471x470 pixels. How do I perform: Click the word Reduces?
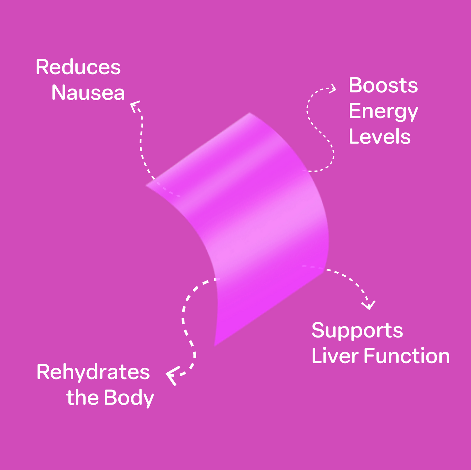coord(78,67)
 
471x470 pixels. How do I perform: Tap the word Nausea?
coord(88,93)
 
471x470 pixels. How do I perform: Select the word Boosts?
coord(383,86)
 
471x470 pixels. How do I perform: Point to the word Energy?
coord(383,112)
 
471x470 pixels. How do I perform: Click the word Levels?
coord(380,137)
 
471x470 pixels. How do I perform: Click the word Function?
coord(407,356)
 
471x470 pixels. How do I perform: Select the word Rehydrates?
coord(93,372)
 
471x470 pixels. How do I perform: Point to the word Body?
coord(129,398)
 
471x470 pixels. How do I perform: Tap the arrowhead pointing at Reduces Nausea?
coord(134,105)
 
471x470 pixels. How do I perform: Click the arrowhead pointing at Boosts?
coord(333,88)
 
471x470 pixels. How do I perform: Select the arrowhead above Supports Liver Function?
coord(369,305)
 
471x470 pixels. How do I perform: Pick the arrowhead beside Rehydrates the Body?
coord(171,376)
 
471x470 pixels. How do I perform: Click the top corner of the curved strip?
coord(250,114)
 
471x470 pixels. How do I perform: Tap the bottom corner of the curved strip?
coord(215,345)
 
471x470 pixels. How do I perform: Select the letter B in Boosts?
coord(355,86)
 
